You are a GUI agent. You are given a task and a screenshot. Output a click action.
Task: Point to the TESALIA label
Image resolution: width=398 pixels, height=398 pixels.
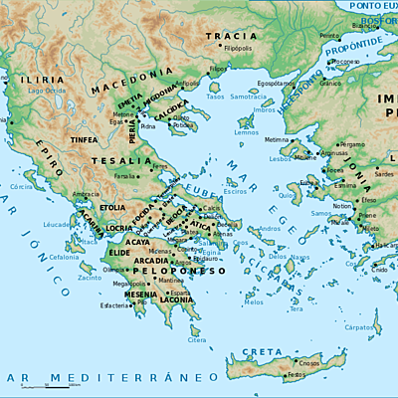[108, 160]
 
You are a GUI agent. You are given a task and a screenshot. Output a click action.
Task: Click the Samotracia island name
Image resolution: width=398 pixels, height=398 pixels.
[249, 97]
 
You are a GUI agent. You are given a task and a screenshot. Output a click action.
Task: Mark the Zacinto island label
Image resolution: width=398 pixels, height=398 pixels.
[90, 278]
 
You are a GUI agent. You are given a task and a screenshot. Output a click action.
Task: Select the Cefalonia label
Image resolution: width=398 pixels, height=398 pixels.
[63, 257]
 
